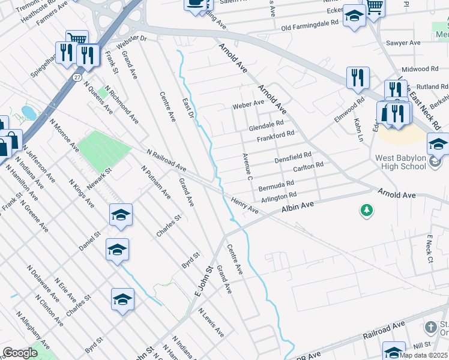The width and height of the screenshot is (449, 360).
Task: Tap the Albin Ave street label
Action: tap(298, 208)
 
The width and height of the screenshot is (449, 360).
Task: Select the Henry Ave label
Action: tap(244, 206)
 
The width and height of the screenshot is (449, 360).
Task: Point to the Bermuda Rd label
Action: tap(276, 185)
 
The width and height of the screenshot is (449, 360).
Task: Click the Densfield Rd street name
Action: tap(292, 158)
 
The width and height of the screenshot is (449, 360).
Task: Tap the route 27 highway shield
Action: tap(77, 77)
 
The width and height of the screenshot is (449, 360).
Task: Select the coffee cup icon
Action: tap(194, 4)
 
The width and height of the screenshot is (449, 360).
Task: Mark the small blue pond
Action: tap(28, 112)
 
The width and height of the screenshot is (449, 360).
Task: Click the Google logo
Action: tap(20, 353)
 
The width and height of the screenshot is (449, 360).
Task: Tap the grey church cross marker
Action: tap(430, 328)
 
